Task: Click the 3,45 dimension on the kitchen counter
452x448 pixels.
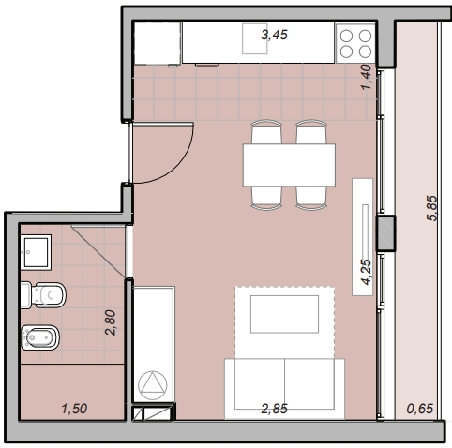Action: tap(274, 35)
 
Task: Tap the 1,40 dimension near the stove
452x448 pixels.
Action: tap(367, 77)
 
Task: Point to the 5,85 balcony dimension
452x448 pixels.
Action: tap(432, 208)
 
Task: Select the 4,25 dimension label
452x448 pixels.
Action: tap(367, 272)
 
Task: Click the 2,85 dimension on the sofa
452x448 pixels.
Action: tap(274, 409)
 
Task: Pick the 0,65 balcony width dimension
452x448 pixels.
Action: tap(420, 409)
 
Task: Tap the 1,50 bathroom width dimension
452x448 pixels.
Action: tap(74, 409)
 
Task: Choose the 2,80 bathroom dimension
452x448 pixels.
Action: tap(111, 322)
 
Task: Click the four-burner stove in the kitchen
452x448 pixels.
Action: tap(355, 43)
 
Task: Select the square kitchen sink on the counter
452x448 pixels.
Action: tap(254, 38)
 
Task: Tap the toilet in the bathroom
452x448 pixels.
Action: tap(43, 294)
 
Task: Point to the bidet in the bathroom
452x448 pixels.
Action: tap(40, 337)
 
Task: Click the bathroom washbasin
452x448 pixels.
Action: tap(36, 252)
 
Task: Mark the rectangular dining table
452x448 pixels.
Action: tap(289, 165)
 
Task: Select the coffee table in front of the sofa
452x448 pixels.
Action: tap(284, 314)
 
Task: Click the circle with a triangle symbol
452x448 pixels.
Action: tap(153, 385)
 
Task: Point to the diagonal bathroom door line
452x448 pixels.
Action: tap(98, 251)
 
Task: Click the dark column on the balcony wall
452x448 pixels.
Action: tap(386, 232)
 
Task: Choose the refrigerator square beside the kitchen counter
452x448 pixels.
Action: tap(158, 43)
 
